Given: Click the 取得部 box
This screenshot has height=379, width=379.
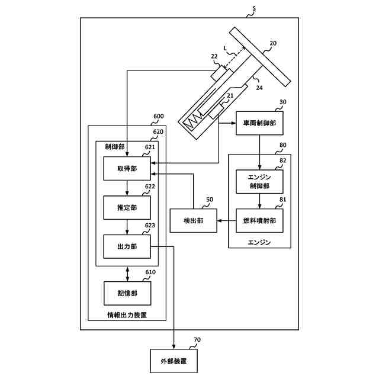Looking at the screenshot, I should click(127, 169).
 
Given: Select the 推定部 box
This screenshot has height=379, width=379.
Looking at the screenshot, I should click(127, 207).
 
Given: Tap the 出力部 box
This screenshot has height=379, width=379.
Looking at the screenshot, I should click(127, 246).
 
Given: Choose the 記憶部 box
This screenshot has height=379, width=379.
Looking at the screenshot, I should click(127, 293).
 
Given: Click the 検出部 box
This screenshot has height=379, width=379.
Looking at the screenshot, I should click(193, 220).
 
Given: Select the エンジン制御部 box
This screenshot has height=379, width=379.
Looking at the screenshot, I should click(259, 182).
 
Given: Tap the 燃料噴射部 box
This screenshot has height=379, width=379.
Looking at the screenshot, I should click(259, 220).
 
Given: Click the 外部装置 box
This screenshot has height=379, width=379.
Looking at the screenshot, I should click(174, 361).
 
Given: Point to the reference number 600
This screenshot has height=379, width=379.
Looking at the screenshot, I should click(159, 117).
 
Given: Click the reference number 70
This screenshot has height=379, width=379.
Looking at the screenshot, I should click(197, 341).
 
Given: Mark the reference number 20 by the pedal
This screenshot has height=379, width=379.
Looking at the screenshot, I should click(272, 43).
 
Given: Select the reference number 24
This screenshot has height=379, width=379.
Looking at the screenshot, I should click(259, 88).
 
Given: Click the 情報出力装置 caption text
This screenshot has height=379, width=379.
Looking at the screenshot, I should click(127, 315).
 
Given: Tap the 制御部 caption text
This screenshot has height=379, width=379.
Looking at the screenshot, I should click(114, 147).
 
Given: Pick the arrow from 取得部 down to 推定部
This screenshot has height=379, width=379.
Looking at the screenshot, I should click(127, 188).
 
